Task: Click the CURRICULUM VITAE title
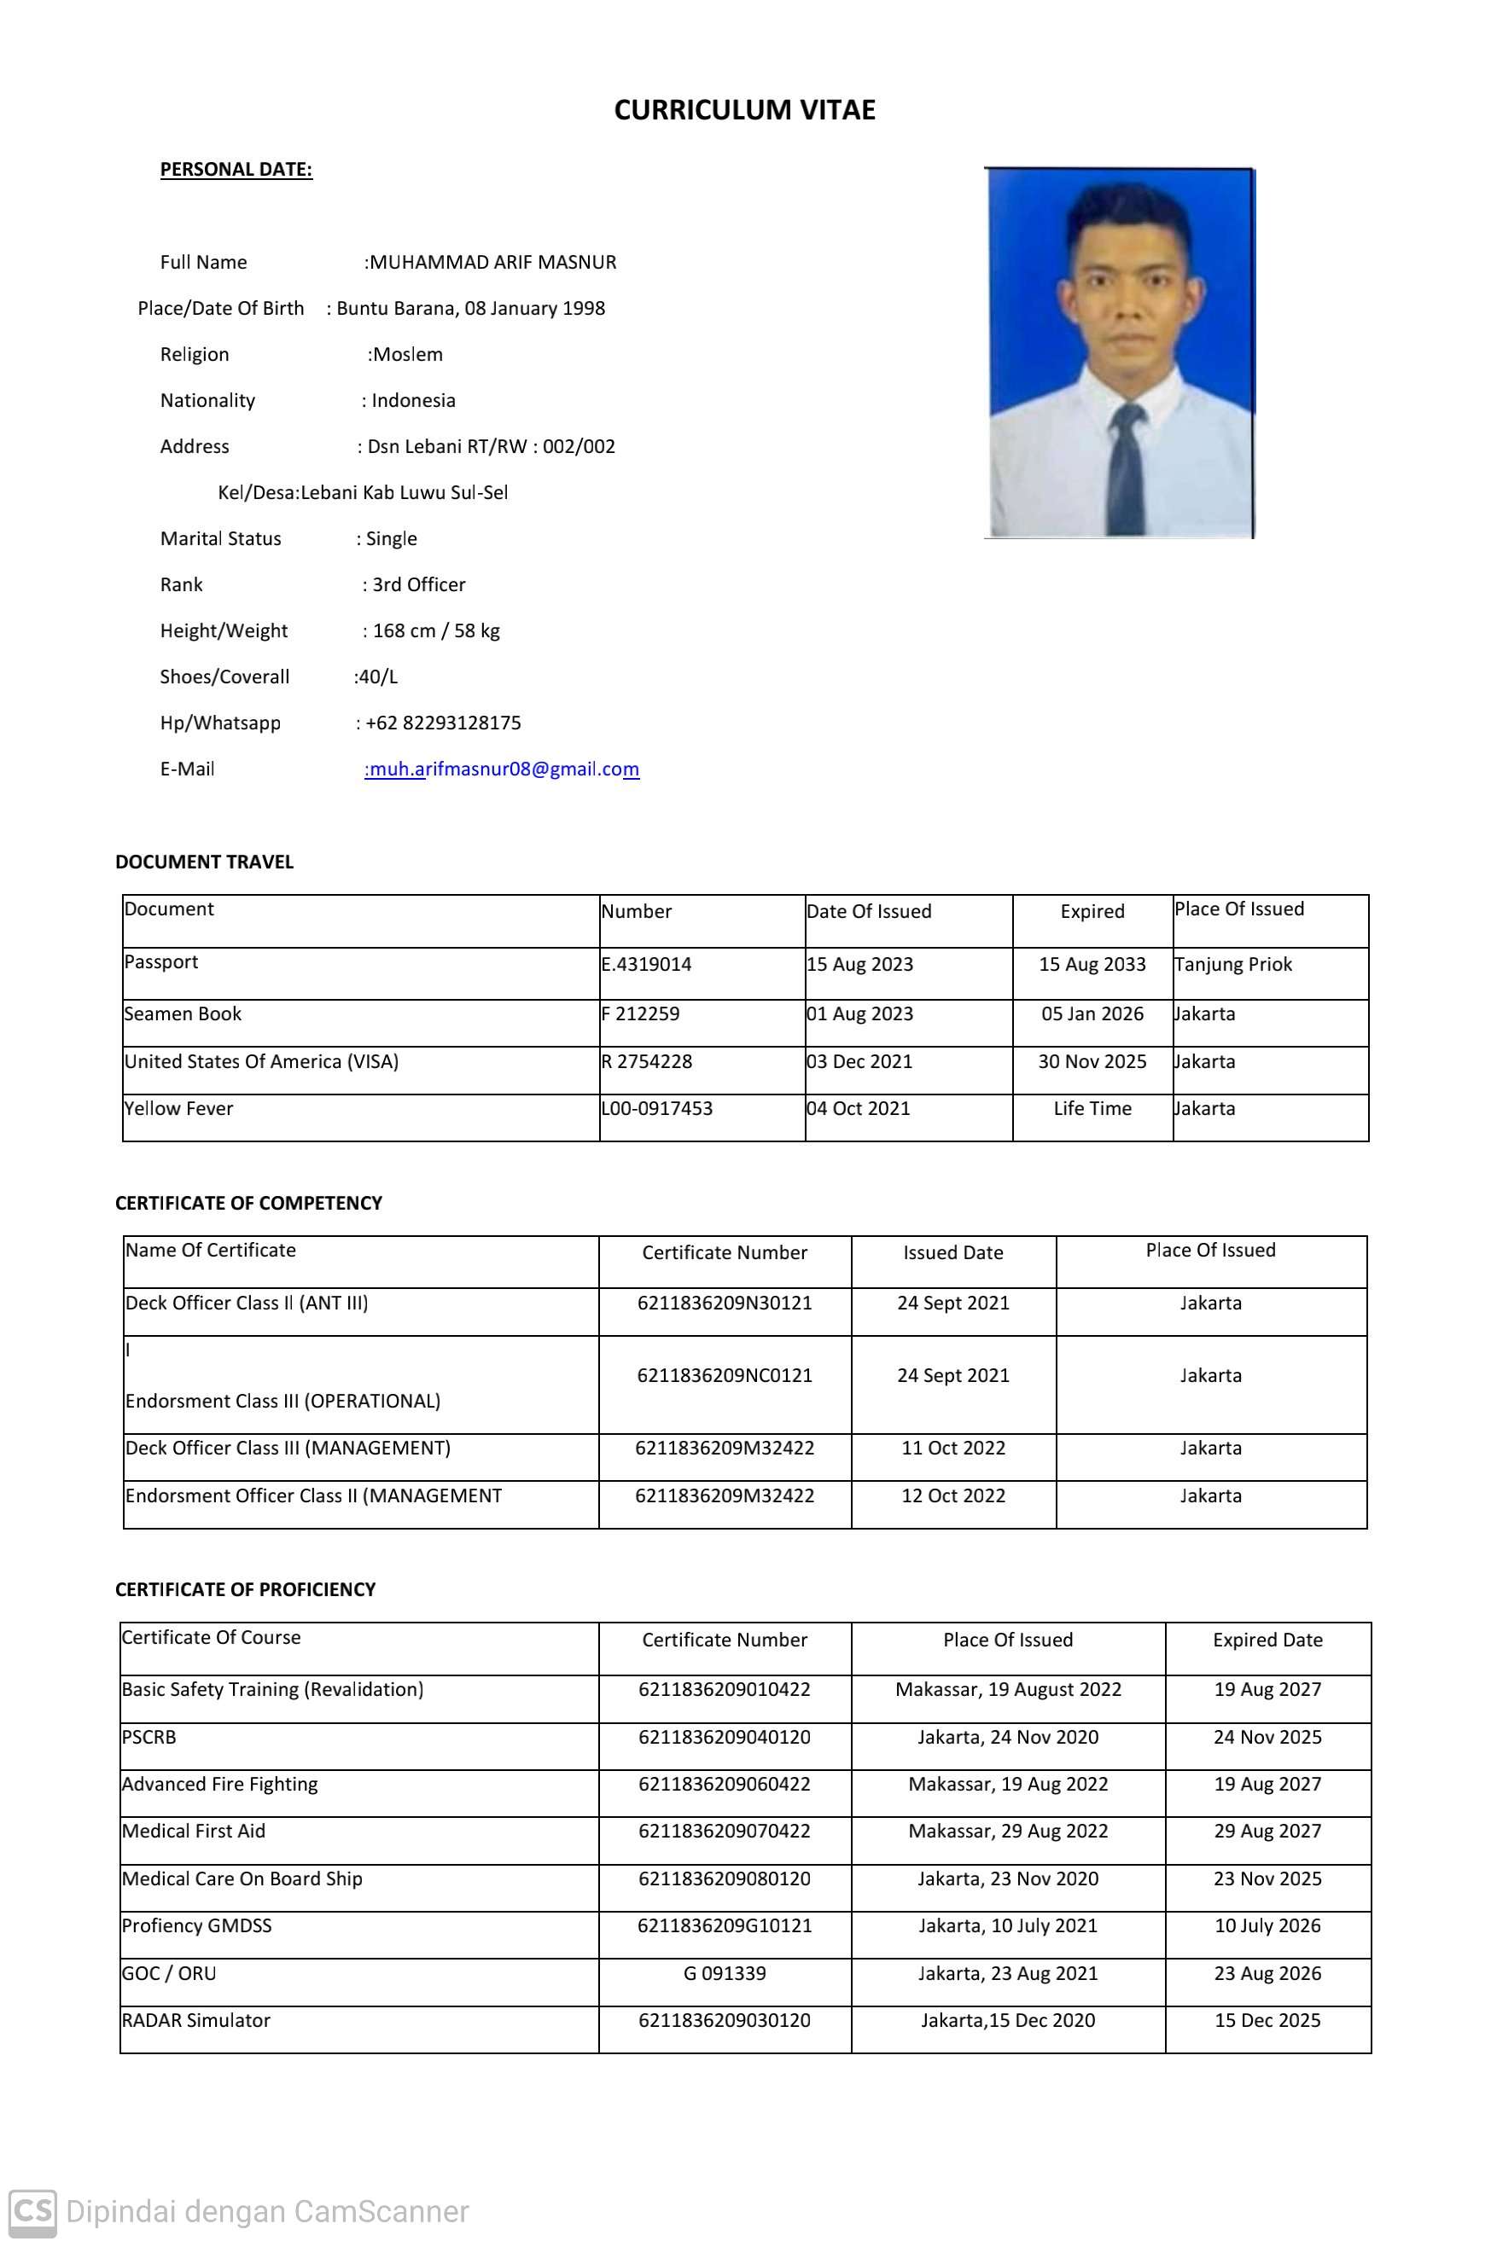[744, 110]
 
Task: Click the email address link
[503, 769]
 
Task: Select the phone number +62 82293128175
[443, 723]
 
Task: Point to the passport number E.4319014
[647, 964]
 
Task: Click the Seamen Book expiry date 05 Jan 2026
[1092, 1013]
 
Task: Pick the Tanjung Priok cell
[1233, 964]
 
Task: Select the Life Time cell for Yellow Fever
[1092, 1108]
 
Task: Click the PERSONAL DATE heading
[236, 169]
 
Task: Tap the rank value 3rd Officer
[418, 584]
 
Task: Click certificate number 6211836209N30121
[725, 1302]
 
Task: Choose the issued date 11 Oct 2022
[952, 1448]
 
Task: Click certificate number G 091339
[725, 1973]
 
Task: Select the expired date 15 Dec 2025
[1267, 2020]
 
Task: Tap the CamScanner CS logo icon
[33, 2211]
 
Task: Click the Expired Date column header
[1267, 1640]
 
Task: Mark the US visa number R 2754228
[647, 1060]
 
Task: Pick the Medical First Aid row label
[194, 1831]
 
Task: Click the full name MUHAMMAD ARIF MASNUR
[492, 263]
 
